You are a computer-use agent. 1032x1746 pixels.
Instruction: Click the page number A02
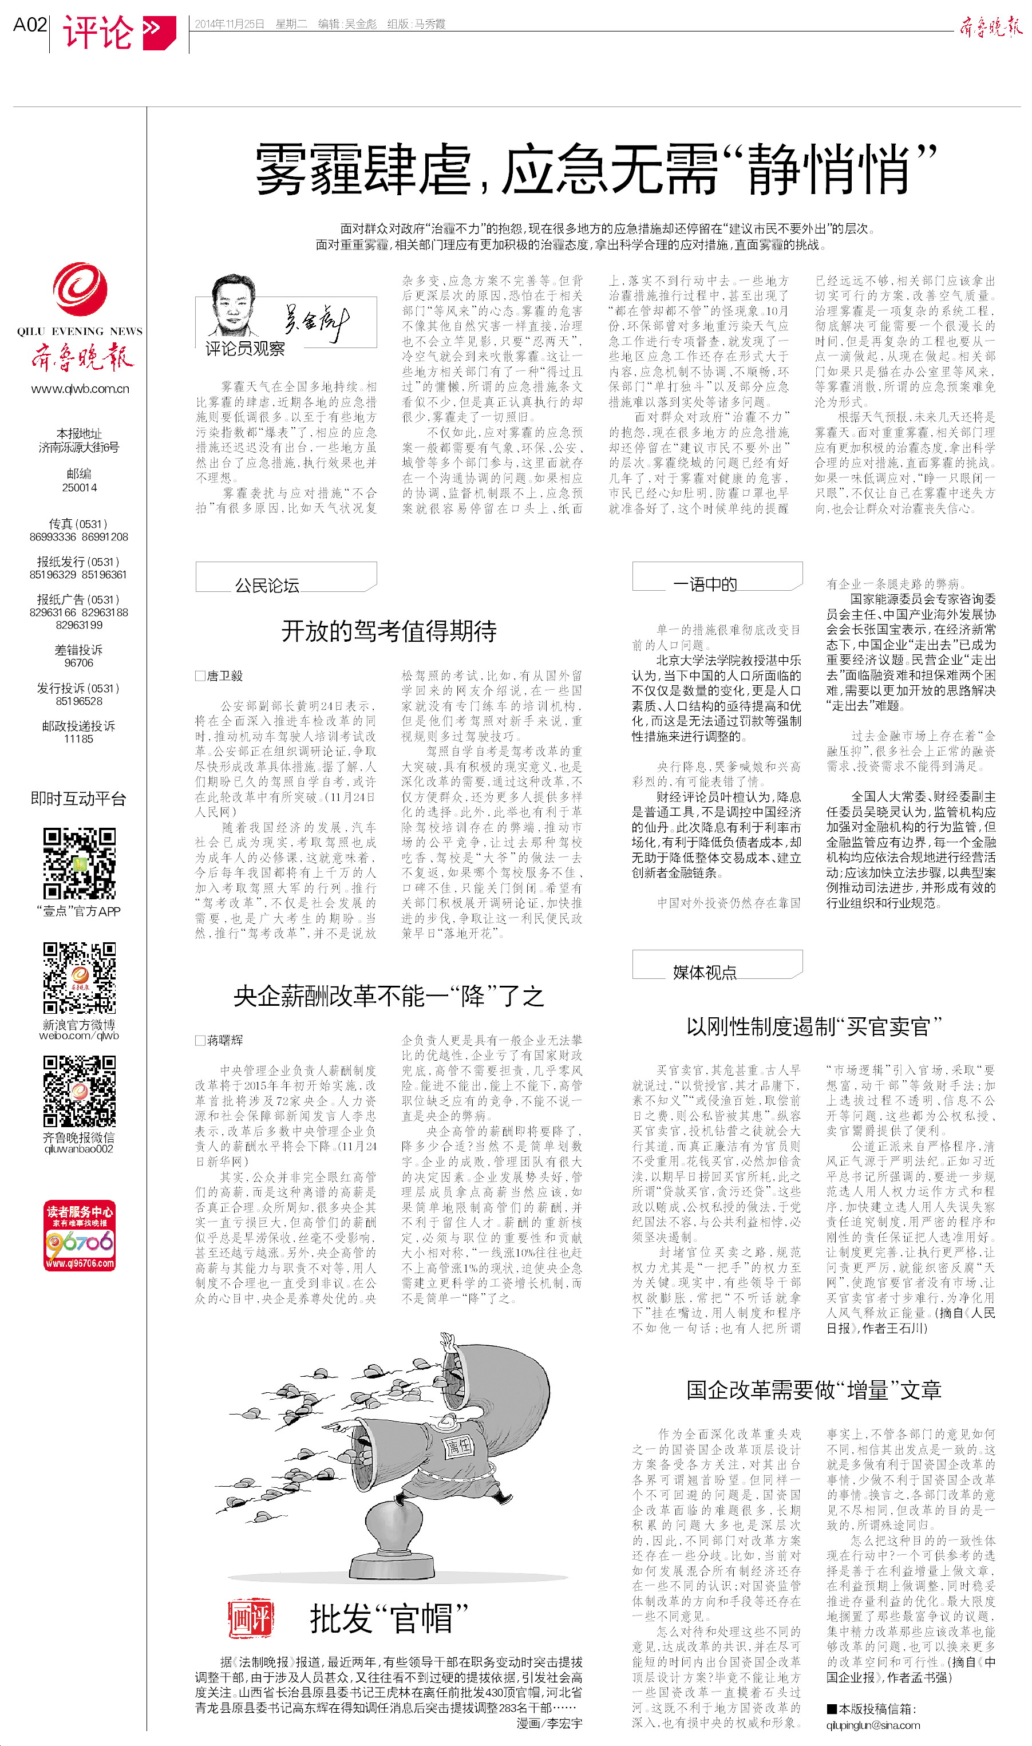click(30, 25)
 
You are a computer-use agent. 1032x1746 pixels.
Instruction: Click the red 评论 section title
click(98, 31)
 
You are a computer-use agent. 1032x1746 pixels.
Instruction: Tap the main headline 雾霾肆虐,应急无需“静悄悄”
click(596, 169)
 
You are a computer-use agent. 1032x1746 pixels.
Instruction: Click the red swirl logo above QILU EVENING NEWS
click(80, 288)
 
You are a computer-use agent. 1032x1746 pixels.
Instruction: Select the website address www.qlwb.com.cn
click(80, 389)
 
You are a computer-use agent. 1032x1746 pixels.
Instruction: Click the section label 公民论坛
click(267, 585)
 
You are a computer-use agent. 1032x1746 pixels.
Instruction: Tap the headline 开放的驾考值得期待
click(389, 631)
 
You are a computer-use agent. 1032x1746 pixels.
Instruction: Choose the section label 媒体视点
click(705, 972)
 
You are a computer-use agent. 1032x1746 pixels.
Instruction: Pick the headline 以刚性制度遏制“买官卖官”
click(814, 1026)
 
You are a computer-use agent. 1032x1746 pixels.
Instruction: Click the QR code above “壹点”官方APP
click(80, 863)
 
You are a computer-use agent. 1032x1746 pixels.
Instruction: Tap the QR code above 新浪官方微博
click(80, 978)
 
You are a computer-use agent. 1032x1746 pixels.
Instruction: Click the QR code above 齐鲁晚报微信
click(80, 1091)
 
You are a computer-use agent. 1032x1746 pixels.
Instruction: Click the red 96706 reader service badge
click(80, 1235)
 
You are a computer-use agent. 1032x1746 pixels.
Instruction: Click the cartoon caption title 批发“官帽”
click(389, 1618)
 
